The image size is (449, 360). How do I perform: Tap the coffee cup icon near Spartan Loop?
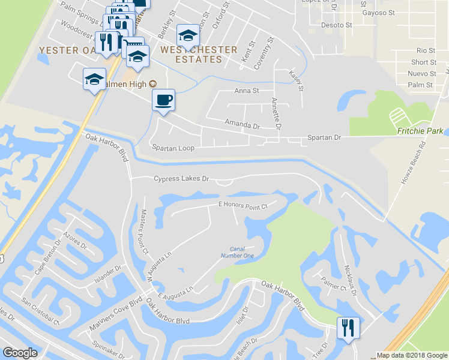(x=163, y=100)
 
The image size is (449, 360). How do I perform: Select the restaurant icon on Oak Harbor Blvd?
(x=348, y=328)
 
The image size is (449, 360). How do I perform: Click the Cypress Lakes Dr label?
(x=181, y=179)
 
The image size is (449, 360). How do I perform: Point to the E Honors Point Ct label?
(x=242, y=205)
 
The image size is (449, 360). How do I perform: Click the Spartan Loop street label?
(x=173, y=147)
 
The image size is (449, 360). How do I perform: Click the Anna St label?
(x=246, y=91)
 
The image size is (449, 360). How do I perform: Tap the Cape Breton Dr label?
(x=48, y=258)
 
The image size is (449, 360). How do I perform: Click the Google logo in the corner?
(x=20, y=353)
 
